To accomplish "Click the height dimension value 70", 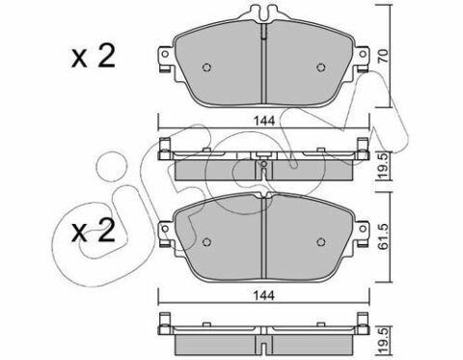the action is click(384, 55).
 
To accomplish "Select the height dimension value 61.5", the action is click(384, 236).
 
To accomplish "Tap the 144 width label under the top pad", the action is click(264, 121).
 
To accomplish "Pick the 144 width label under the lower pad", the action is click(264, 295).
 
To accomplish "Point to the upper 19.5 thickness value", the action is click(384, 165).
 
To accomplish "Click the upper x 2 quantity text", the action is click(94, 57).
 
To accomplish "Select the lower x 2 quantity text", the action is click(94, 231).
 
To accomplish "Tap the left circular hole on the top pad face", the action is click(207, 68).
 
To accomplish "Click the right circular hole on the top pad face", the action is click(321, 68).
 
